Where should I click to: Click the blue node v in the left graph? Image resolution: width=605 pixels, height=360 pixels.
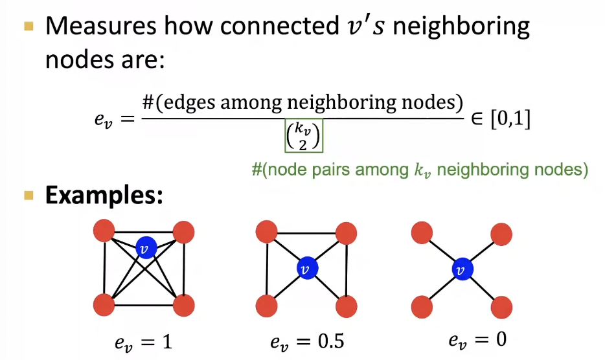(x=146, y=248)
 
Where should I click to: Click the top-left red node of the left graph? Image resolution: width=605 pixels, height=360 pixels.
(x=104, y=230)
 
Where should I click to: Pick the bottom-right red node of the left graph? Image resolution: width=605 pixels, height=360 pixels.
(x=184, y=304)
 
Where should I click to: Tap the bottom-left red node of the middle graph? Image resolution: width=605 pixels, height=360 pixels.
(x=267, y=304)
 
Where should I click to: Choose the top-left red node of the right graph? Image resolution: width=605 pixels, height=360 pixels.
(x=422, y=231)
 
